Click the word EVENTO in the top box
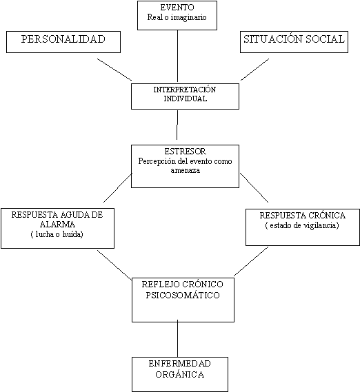coord(177,8)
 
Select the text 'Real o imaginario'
coord(177,17)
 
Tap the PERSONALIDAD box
coord(63,42)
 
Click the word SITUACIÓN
coord(273,39)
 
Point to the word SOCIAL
coord(325,39)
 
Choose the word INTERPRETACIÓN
coord(185,90)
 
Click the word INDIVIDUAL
coord(186,99)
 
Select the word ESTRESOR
coord(185,152)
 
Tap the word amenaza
coord(186,170)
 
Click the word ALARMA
coord(57,225)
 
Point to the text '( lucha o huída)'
coord(57,234)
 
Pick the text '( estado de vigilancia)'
coord(302,225)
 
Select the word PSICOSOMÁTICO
coord(183,296)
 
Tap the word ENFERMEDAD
coord(179,364)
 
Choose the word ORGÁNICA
coord(179,375)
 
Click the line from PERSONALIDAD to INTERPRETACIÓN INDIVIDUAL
coord(114,70)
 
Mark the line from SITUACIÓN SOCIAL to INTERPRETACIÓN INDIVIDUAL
coord(255,70)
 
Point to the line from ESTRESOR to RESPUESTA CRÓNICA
coord(254,187)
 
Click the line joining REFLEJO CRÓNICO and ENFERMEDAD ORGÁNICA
coord(177,338)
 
